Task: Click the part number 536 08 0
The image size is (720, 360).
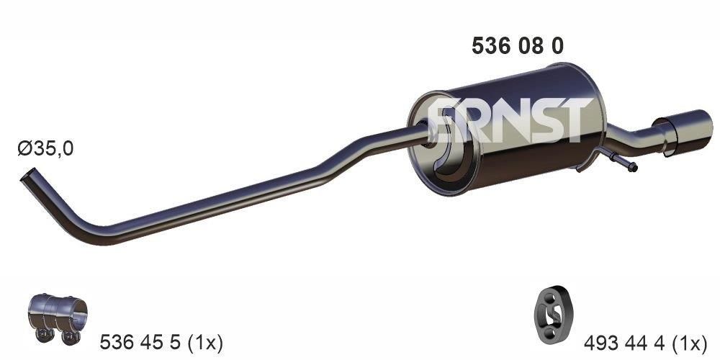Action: [517, 46]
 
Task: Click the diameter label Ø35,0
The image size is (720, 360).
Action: [45, 149]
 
